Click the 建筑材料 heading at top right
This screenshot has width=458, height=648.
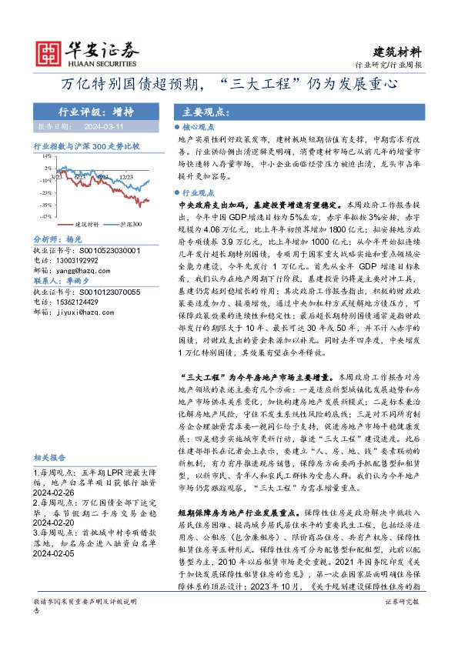tap(397, 52)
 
